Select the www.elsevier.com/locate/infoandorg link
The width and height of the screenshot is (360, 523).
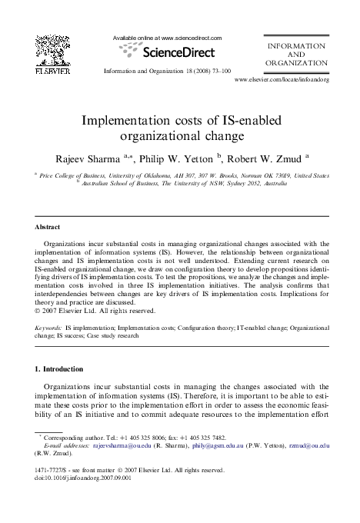pos(282,79)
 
